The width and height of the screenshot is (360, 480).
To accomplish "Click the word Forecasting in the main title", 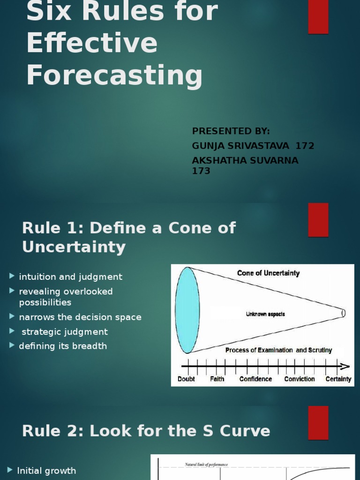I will click(x=114, y=75).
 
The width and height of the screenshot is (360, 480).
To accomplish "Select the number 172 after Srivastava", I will click(x=305, y=146).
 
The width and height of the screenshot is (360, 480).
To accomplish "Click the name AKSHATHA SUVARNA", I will click(x=245, y=161).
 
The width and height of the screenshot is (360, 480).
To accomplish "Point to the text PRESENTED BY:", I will click(x=231, y=131).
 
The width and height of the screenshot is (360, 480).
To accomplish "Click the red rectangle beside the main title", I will click(x=318, y=17).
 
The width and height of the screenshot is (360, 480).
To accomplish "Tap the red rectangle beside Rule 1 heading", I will click(x=318, y=220).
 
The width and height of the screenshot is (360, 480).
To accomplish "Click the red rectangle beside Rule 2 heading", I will click(x=318, y=423).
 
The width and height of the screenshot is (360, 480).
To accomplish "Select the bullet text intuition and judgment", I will click(x=70, y=277).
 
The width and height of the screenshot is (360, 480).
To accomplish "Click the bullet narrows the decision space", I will click(x=80, y=317).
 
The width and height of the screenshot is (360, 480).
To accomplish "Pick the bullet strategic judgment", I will click(x=65, y=332).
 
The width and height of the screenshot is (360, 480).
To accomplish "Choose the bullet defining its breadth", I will click(x=63, y=346).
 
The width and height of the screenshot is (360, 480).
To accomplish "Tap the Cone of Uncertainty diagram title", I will click(x=268, y=273).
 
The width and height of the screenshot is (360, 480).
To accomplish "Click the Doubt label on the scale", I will click(x=186, y=379).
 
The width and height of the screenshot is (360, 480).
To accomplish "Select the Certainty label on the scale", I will click(x=338, y=379).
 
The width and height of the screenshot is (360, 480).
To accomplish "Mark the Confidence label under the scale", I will click(x=255, y=379).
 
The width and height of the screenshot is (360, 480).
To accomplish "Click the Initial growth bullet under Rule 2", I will click(x=46, y=471).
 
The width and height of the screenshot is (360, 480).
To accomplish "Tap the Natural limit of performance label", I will click(x=206, y=465).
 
